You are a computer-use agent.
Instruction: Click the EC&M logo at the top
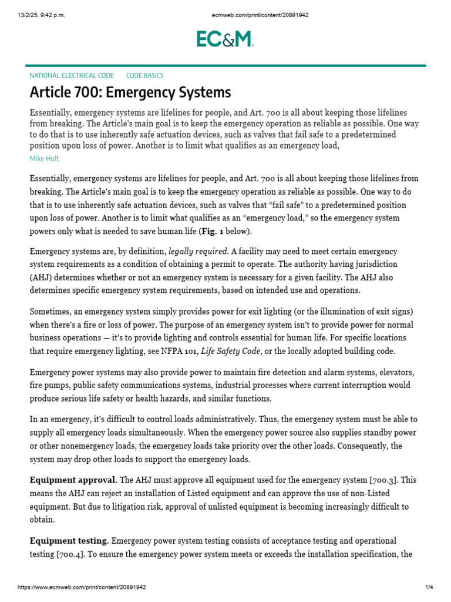(x=225, y=39)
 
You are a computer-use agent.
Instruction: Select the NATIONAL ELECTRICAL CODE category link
(x=72, y=76)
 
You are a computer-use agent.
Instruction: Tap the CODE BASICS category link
(x=145, y=76)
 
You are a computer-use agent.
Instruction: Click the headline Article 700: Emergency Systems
(x=130, y=92)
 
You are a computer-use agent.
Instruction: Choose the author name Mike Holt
(x=44, y=158)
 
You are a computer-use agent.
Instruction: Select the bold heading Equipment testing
(x=69, y=540)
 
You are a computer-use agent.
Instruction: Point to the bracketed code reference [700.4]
(x=72, y=554)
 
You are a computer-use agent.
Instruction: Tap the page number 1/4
(x=429, y=587)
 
